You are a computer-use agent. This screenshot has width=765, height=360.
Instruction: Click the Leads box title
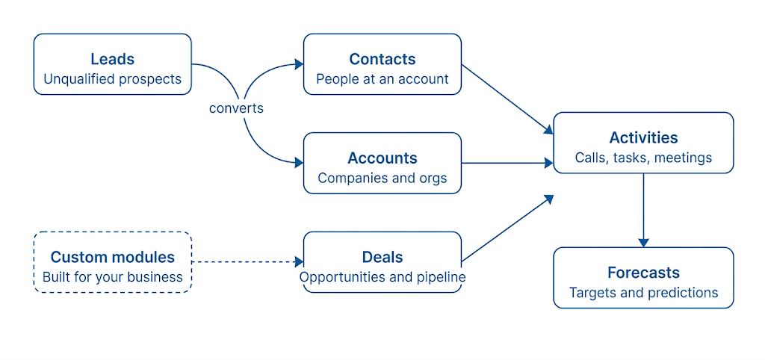pyautogui.click(x=112, y=59)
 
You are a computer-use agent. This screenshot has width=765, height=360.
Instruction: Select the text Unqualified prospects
pyautogui.click(x=112, y=79)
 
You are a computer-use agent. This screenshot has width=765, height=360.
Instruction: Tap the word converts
pyautogui.click(x=236, y=108)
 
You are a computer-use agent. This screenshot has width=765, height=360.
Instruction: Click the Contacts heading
pyautogui.click(x=382, y=59)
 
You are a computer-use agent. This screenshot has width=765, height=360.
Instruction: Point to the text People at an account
pyautogui.click(x=382, y=79)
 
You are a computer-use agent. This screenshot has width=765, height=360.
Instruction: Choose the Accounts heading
pyautogui.click(x=382, y=158)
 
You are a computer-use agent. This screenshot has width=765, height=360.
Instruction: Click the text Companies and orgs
pyautogui.click(x=382, y=179)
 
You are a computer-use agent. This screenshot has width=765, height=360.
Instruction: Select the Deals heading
pyautogui.click(x=382, y=257)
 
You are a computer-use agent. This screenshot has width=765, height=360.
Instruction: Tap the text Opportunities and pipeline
pyautogui.click(x=382, y=277)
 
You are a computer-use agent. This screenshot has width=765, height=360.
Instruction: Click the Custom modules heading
pyautogui.click(x=113, y=257)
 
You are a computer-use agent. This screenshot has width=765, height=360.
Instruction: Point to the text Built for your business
pyautogui.click(x=113, y=277)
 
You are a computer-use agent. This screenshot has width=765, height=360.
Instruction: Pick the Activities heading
pyautogui.click(x=643, y=137)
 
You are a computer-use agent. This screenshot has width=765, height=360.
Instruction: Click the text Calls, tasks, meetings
pyautogui.click(x=643, y=158)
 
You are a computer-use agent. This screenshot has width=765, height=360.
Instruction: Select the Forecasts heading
pyautogui.click(x=643, y=273)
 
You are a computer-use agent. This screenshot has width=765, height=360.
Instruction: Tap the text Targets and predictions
pyautogui.click(x=643, y=293)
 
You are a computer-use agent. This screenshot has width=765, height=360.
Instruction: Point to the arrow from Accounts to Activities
pyautogui.click(x=507, y=163)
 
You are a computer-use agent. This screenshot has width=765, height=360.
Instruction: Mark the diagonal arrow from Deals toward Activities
pyautogui.click(x=507, y=228)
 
